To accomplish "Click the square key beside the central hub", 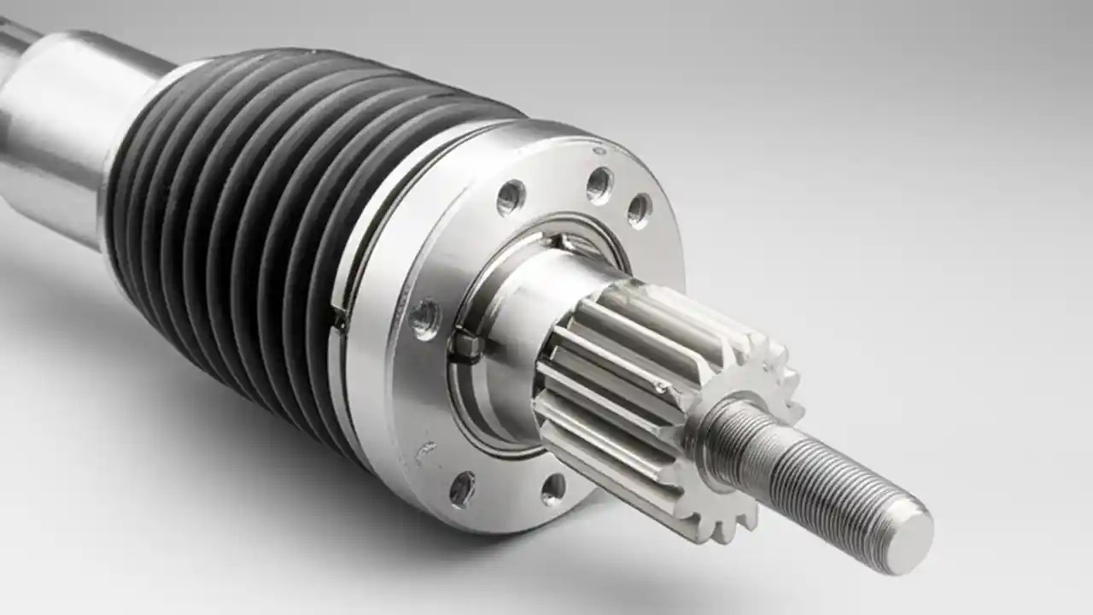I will point(465,343).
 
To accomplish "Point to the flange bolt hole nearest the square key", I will point(424,319).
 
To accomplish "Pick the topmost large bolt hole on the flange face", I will point(599,184).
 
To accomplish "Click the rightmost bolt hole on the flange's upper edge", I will point(639,210).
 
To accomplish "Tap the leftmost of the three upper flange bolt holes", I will point(511,197).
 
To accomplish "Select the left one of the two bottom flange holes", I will point(462,489).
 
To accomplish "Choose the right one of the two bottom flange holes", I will point(553,489).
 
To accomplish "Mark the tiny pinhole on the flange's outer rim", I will point(599,151).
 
